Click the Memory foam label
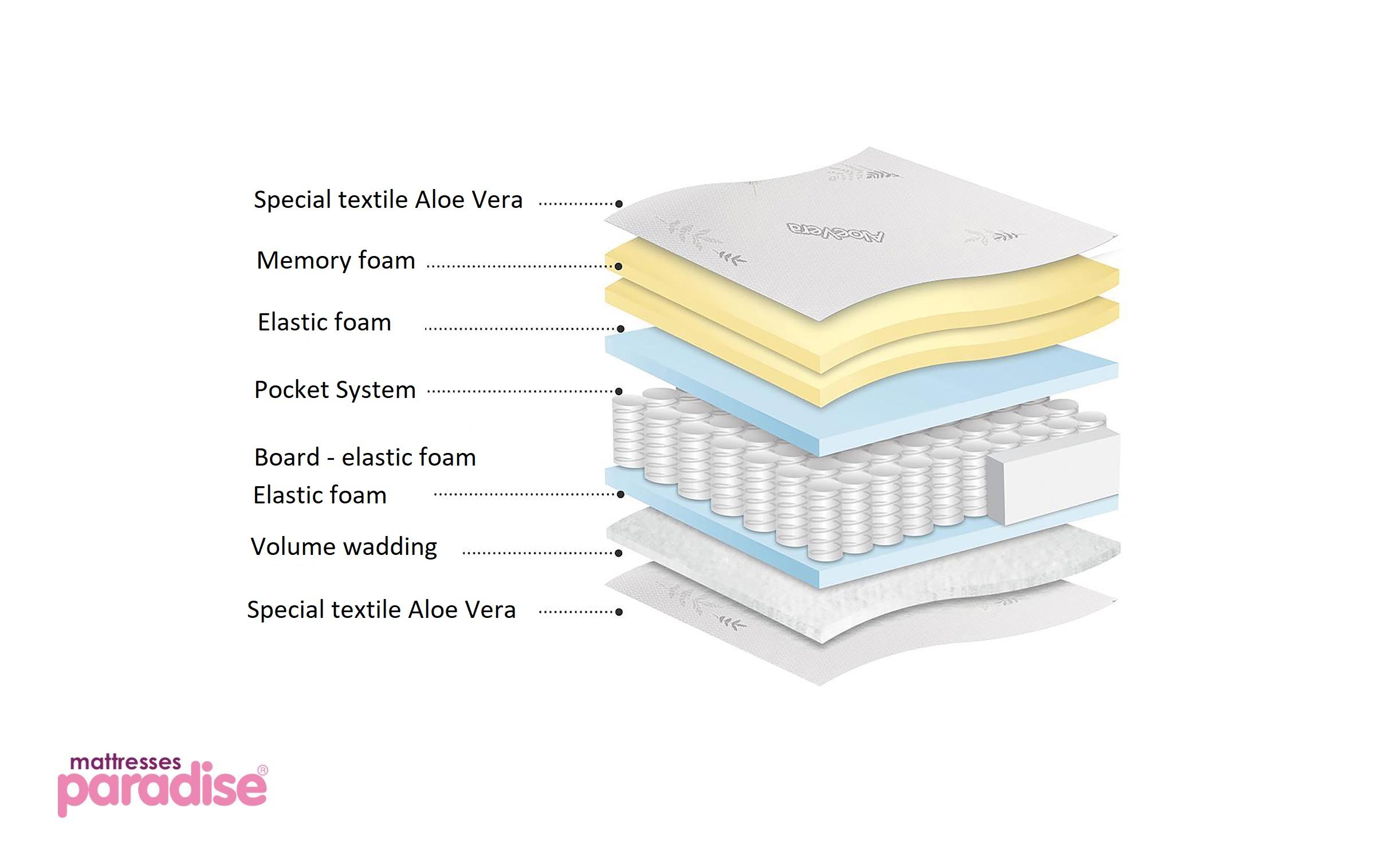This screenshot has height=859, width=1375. click(x=336, y=261)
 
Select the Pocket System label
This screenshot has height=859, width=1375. click(x=335, y=390)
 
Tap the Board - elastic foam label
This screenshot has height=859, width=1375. click(x=365, y=458)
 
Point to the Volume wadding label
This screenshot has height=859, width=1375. click(x=344, y=547)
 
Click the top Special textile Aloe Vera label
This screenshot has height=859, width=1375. click(x=388, y=200)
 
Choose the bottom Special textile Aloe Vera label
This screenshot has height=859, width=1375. click(x=381, y=610)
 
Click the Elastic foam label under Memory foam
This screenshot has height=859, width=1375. click(x=324, y=322)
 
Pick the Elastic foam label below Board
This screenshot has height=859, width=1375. click(x=320, y=495)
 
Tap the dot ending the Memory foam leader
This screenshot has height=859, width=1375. click(x=619, y=266)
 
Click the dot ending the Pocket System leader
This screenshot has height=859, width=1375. click(x=619, y=392)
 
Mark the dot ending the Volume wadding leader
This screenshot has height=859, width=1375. click(x=619, y=553)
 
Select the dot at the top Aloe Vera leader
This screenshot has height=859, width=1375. click(x=619, y=204)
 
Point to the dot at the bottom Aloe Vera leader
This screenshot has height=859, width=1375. click(x=619, y=612)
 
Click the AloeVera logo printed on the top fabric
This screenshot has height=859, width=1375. click(x=835, y=232)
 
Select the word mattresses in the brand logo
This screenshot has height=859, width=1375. click(x=125, y=763)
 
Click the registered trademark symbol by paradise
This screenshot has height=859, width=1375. click(x=262, y=771)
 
